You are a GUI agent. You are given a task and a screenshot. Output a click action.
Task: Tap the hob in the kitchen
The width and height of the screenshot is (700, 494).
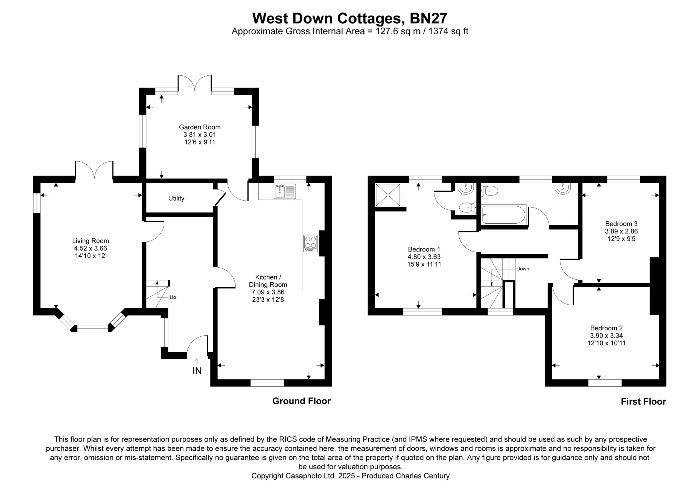310,243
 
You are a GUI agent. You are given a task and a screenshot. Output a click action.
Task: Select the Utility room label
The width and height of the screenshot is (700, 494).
176,198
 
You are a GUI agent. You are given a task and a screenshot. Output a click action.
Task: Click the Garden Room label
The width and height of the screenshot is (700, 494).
200,127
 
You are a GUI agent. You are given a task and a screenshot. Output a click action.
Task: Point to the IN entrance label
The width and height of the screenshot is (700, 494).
197,371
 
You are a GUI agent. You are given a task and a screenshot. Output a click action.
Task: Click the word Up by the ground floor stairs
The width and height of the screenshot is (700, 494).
173,297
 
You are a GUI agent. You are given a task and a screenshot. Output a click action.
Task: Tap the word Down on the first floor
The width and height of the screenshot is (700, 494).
523,269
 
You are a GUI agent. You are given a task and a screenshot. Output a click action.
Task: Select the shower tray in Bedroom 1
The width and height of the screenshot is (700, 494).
388,195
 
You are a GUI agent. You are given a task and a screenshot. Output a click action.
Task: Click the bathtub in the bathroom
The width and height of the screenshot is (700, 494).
504,215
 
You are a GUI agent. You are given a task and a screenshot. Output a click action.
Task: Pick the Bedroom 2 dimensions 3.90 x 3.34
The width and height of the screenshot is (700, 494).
606,336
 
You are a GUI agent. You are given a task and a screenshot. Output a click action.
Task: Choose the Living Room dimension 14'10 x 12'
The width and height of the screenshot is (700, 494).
91,256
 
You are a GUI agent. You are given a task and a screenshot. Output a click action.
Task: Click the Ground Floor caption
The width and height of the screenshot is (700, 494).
302,401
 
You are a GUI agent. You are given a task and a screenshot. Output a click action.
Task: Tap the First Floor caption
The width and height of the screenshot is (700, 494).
643,401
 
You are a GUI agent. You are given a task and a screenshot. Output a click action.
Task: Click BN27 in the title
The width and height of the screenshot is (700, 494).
428,18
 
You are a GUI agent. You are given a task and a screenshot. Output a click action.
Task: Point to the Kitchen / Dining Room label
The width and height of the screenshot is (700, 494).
268,281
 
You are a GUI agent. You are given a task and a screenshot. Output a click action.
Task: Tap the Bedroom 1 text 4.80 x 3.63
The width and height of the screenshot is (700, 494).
424,257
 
